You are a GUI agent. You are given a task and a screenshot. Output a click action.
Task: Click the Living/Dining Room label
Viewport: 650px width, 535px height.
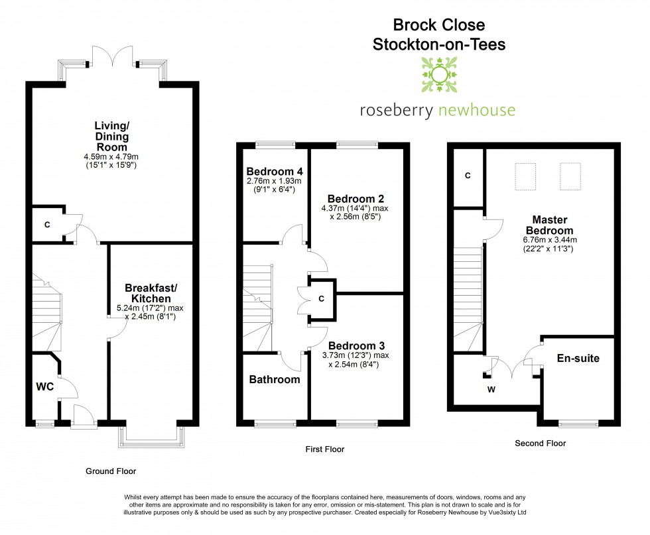(111, 131)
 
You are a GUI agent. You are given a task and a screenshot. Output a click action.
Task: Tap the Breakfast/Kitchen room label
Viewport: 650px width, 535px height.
(152, 293)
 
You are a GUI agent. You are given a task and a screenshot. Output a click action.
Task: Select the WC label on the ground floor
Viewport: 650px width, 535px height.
(44, 386)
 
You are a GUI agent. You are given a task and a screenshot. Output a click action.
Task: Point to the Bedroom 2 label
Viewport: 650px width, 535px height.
(356, 198)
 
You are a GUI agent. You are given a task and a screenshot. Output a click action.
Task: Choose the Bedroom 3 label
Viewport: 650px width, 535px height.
(356, 345)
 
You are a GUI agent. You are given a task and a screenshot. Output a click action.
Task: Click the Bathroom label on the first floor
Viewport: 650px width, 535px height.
(275, 380)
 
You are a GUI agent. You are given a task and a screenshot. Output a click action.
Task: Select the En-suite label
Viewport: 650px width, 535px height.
(577, 359)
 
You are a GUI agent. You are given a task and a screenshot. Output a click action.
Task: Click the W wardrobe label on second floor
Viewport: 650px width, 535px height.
(491, 389)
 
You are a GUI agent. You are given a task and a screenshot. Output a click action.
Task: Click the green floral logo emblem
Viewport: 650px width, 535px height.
(438, 75)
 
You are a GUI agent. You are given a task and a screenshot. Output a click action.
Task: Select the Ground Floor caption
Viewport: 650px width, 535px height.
(111, 471)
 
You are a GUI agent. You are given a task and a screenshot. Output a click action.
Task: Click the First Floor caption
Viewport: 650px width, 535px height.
(324, 449)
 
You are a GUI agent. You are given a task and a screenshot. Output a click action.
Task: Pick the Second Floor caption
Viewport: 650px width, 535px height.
(541, 444)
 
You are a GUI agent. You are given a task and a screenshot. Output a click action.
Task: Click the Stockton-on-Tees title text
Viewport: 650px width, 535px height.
(439, 46)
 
